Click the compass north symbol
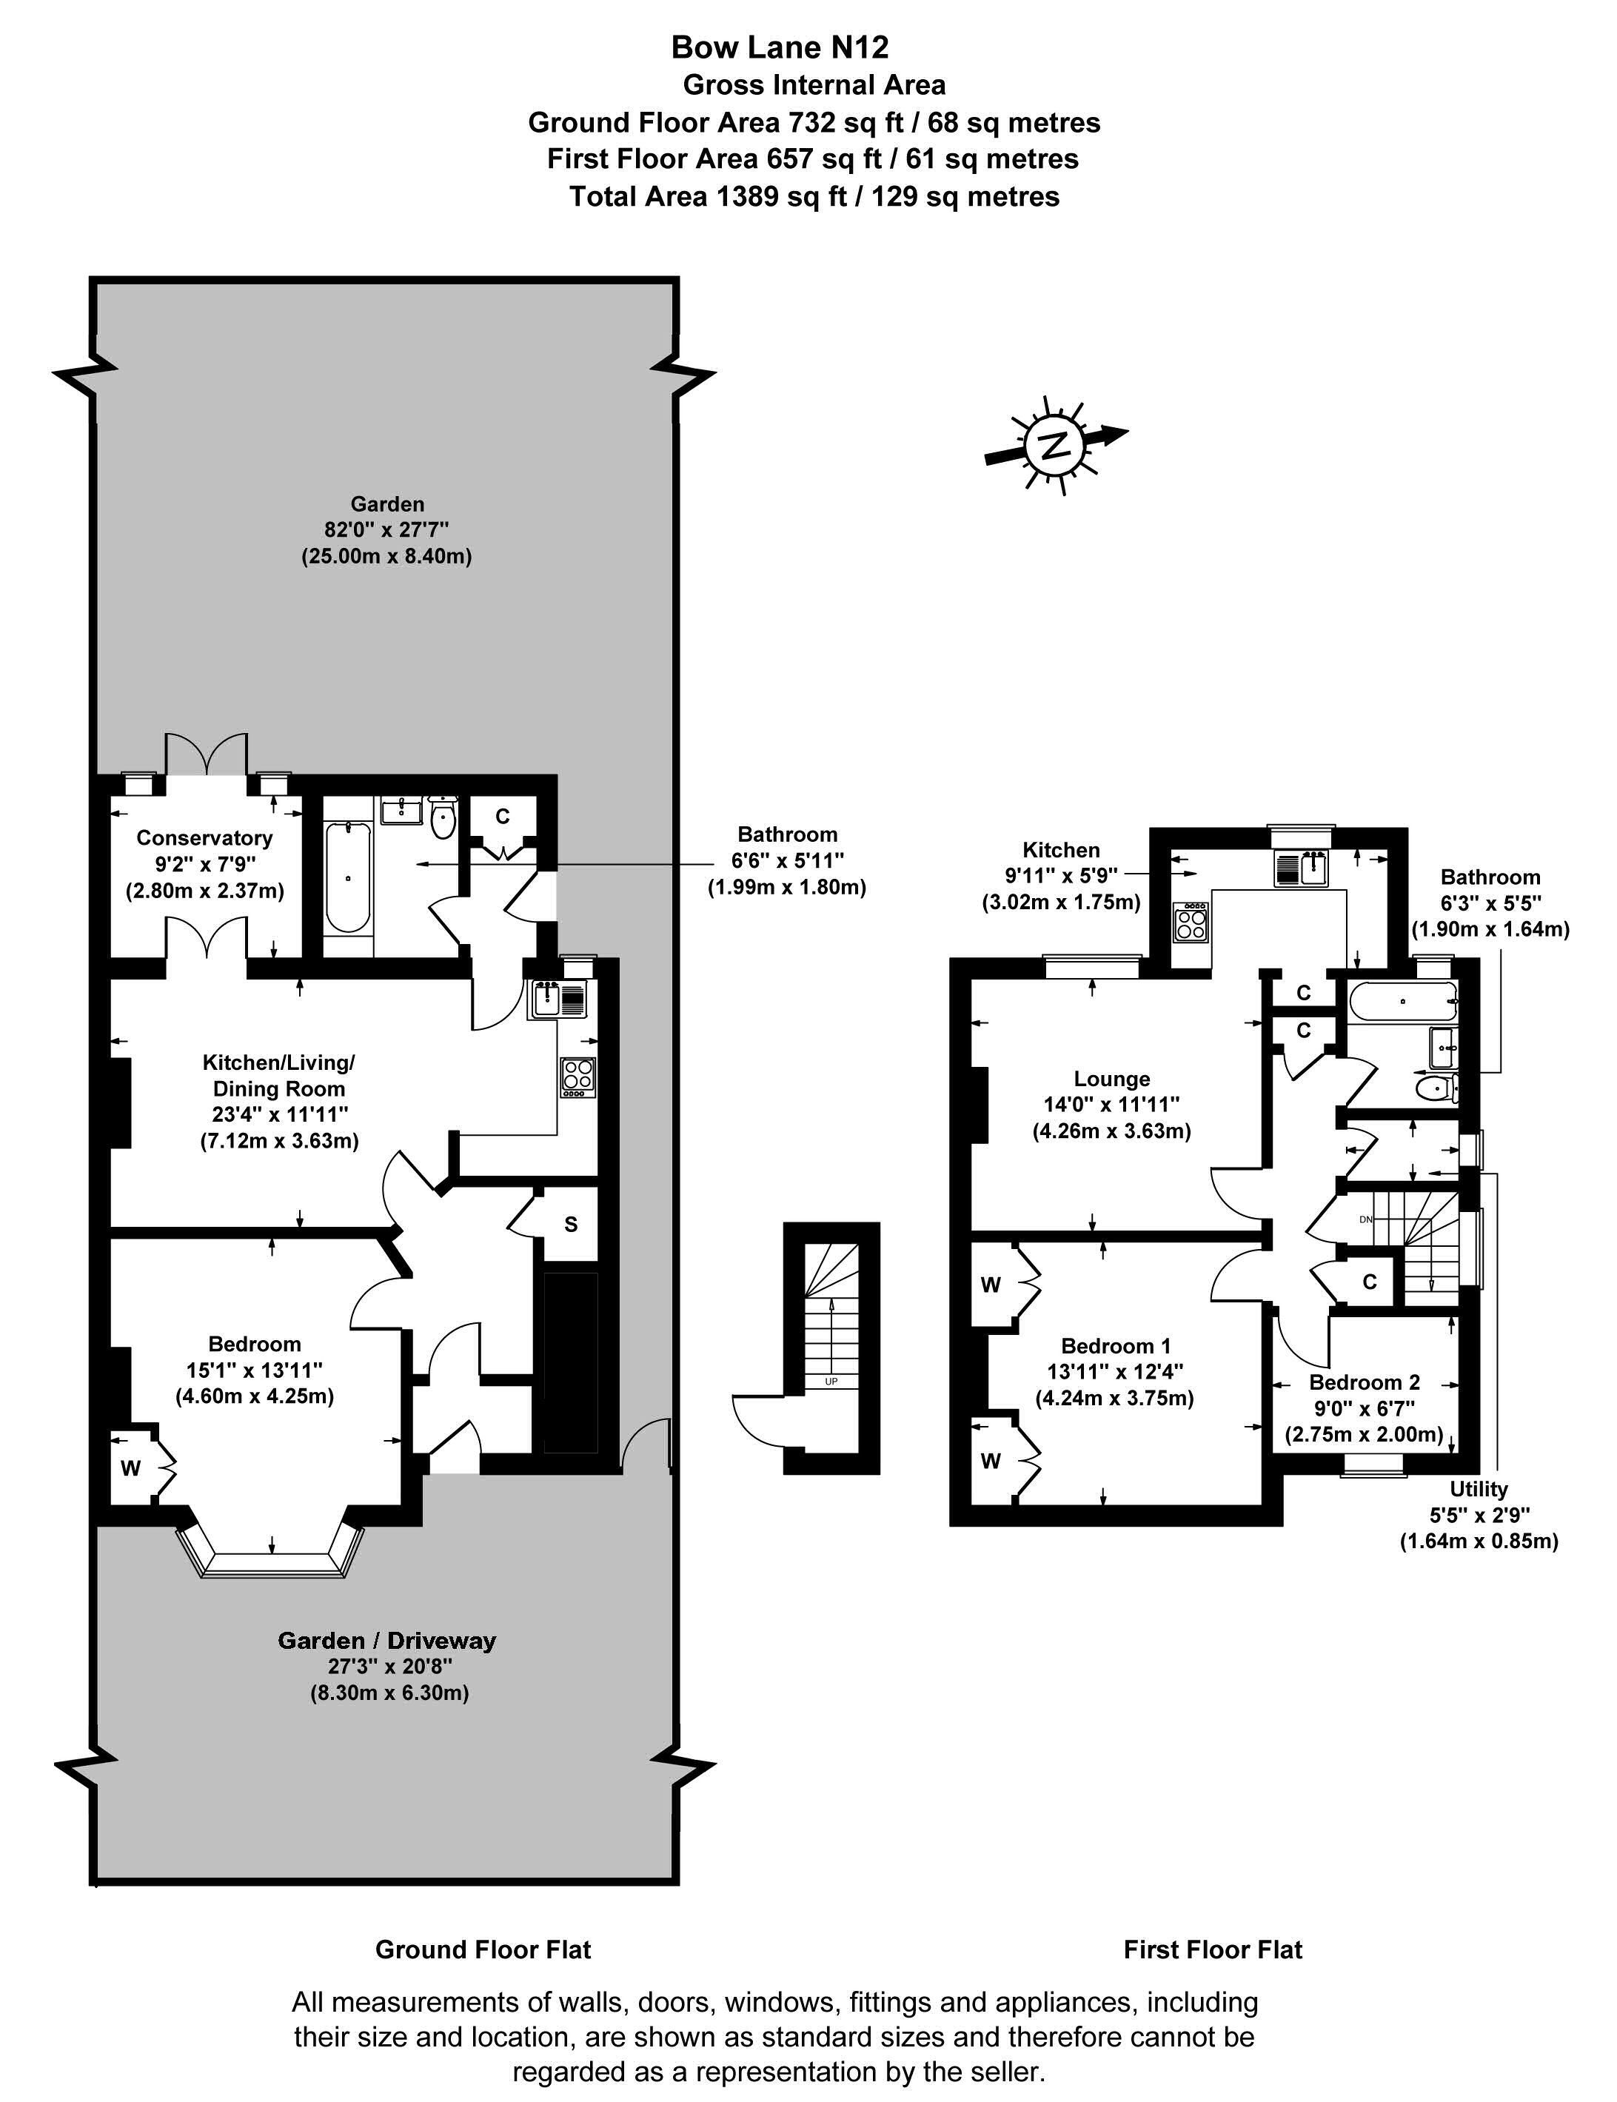pyautogui.click(x=1056, y=446)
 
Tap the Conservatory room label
pyautogui.click(x=204, y=837)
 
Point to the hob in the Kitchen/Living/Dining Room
pyautogui.click(x=578, y=1077)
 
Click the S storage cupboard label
pyautogui.click(x=571, y=1224)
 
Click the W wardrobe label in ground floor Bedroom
pyautogui.click(x=131, y=1467)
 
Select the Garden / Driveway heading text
pyautogui.click(x=387, y=1640)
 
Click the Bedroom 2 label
pyautogui.click(x=1364, y=1382)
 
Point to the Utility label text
pyautogui.click(x=1479, y=1489)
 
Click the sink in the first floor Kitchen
pyautogui.click(x=1313, y=867)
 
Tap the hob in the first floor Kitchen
pyautogui.click(x=1191, y=925)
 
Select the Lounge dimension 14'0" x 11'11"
pyautogui.click(x=1112, y=1104)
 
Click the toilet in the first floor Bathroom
pyautogui.click(x=1437, y=1088)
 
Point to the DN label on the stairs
pyautogui.click(x=1365, y=1219)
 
